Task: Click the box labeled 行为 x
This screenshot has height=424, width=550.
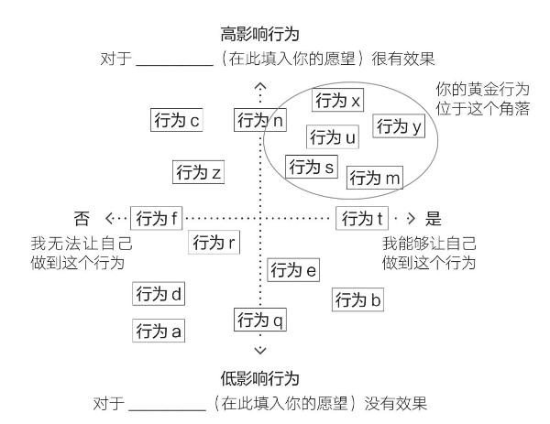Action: click(337, 100)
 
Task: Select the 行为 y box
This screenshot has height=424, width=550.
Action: click(399, 125)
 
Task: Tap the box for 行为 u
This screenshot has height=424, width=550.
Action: click(333, 136)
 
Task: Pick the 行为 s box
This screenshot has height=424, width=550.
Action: click(312, 167)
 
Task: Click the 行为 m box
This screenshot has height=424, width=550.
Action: click(375, 178)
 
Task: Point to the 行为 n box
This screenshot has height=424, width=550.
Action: click(260, 120)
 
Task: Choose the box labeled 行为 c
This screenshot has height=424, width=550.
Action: click(177, 120)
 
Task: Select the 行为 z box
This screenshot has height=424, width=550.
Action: click(198, 172)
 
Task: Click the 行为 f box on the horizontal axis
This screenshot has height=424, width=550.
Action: click(157, 218)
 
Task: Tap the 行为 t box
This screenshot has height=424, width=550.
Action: click(362, 218)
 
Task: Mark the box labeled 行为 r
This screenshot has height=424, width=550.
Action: click(214, 242)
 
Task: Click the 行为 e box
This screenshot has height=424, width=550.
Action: click(293, 270)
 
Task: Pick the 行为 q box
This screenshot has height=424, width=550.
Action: click(260, 320)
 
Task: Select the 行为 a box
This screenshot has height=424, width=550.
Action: click(159, 331)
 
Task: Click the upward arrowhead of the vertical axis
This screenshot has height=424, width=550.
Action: click(260, 85)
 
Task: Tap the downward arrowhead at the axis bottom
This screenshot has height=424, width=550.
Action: click(260, 351)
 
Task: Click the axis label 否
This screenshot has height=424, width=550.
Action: click(82, 219)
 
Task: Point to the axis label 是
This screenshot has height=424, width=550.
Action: click(434, 219)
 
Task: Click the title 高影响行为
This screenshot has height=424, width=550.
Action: click(260, 34)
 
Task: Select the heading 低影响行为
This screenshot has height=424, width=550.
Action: click(260, 379)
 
